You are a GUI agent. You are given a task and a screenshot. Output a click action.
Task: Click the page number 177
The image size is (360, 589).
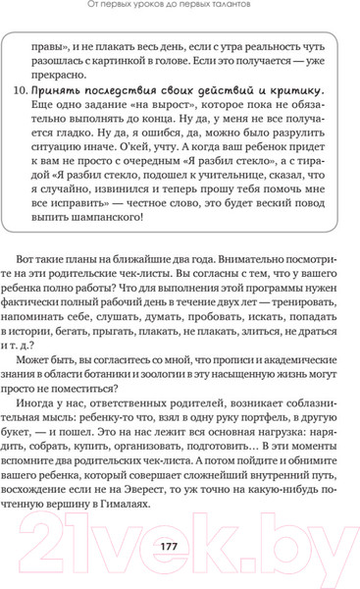point(180,545)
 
